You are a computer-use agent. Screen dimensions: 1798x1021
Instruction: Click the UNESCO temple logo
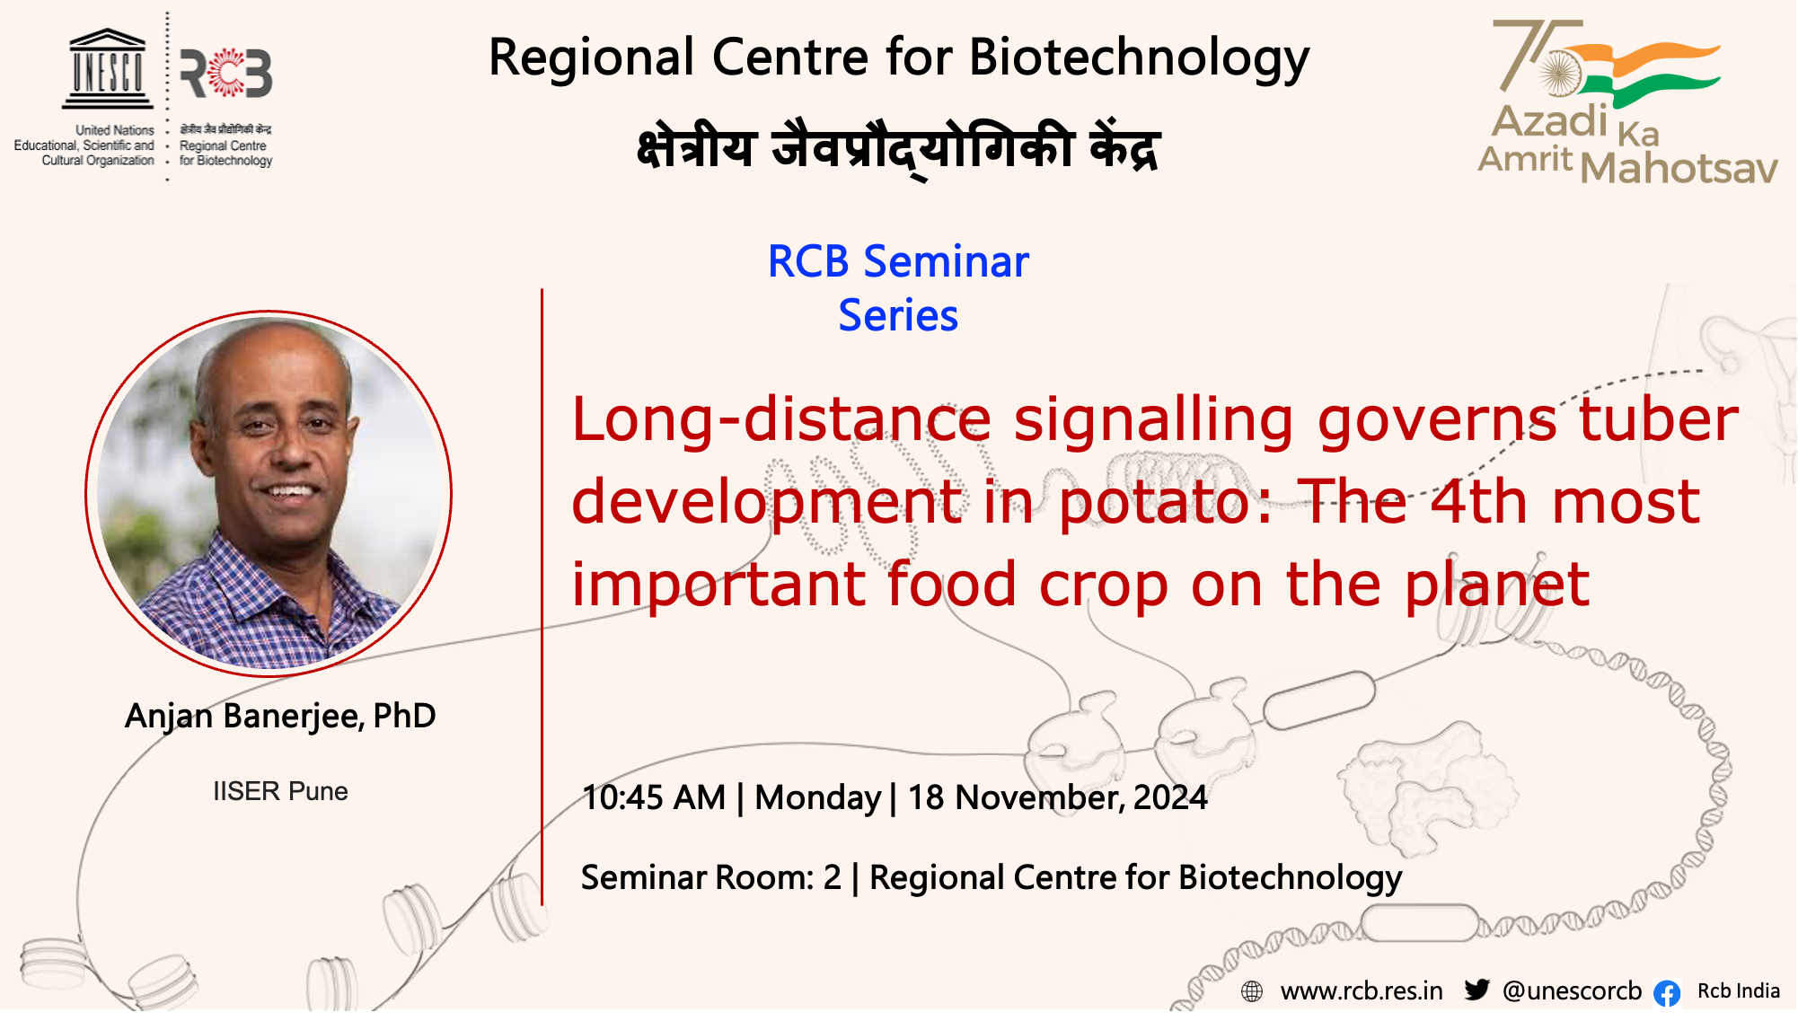pyautogui.click(x=107, y=68)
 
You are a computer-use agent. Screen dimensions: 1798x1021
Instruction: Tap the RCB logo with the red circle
pyautogui.click(x=226, y=74)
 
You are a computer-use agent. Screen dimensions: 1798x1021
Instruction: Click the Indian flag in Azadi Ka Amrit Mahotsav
pyautogui.click(x=1648, y=75)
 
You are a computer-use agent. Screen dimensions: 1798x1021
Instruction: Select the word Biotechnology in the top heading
pyautogui.click(x=1140, y=58)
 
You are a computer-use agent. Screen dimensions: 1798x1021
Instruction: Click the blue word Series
pyautogui.click(x=898, y=316)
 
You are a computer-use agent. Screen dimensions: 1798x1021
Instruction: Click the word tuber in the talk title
pyautogui.click(x=1659, y=419)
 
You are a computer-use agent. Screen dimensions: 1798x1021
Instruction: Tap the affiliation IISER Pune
pyautogui.click(x=280, y=791)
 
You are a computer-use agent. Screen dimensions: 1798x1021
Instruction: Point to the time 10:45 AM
pyautogui.click(x=654, y=797)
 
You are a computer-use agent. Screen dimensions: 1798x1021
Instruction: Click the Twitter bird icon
pyautogui.click(x=1476, y=989)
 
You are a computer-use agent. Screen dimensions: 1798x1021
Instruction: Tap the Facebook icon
pyautogui.click(x=1667, y=992)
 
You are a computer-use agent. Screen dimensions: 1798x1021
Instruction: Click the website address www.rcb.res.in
pyautogui.click(x=1362, y=991)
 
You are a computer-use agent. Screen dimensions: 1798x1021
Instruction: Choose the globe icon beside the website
pyautogui.click(x=1252, y=991)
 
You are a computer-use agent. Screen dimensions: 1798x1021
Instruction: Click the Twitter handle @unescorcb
pyautogui.click(x=1572, y=990)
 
